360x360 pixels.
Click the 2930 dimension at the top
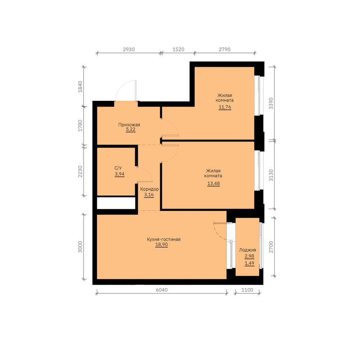pyautogui.click(x=129, y=49)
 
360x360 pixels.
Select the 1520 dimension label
pyautogui.click(x=179, y=49)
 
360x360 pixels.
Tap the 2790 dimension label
pyautogui.click(x=225, y=49)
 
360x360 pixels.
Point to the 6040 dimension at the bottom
pyautogui.click(x=162, y=290)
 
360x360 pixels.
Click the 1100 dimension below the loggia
pyautogui.click(x=247, y=290)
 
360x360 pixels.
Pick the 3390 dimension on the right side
pyautogui.click(x=271, y=103)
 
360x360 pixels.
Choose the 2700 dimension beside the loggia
pyautogui.click(x=271, y=247)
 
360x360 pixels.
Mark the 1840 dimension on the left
pyautogui.click(x=80, y=86)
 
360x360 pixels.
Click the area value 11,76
pyautogui.click(x=225, y=107)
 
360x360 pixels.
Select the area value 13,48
pyautogui.click(x=213, y=184)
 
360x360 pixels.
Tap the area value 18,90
pyautogui.click(x=162, y=244)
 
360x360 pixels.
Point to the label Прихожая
pyautogui.click(x=129, y=125)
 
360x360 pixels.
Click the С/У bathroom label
pyautogui.click(x=118, y=168)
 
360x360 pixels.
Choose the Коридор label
pyautogui.click(x=149, y=189)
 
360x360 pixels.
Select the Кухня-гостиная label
pyautogui.click(x=164, y=239)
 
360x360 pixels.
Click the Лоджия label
pyautogui.click(x=248, y=250)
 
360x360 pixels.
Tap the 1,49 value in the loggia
pyautogui.click(x=249, y=263)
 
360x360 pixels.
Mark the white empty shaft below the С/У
pyautogui.click(x=116, y=203)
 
